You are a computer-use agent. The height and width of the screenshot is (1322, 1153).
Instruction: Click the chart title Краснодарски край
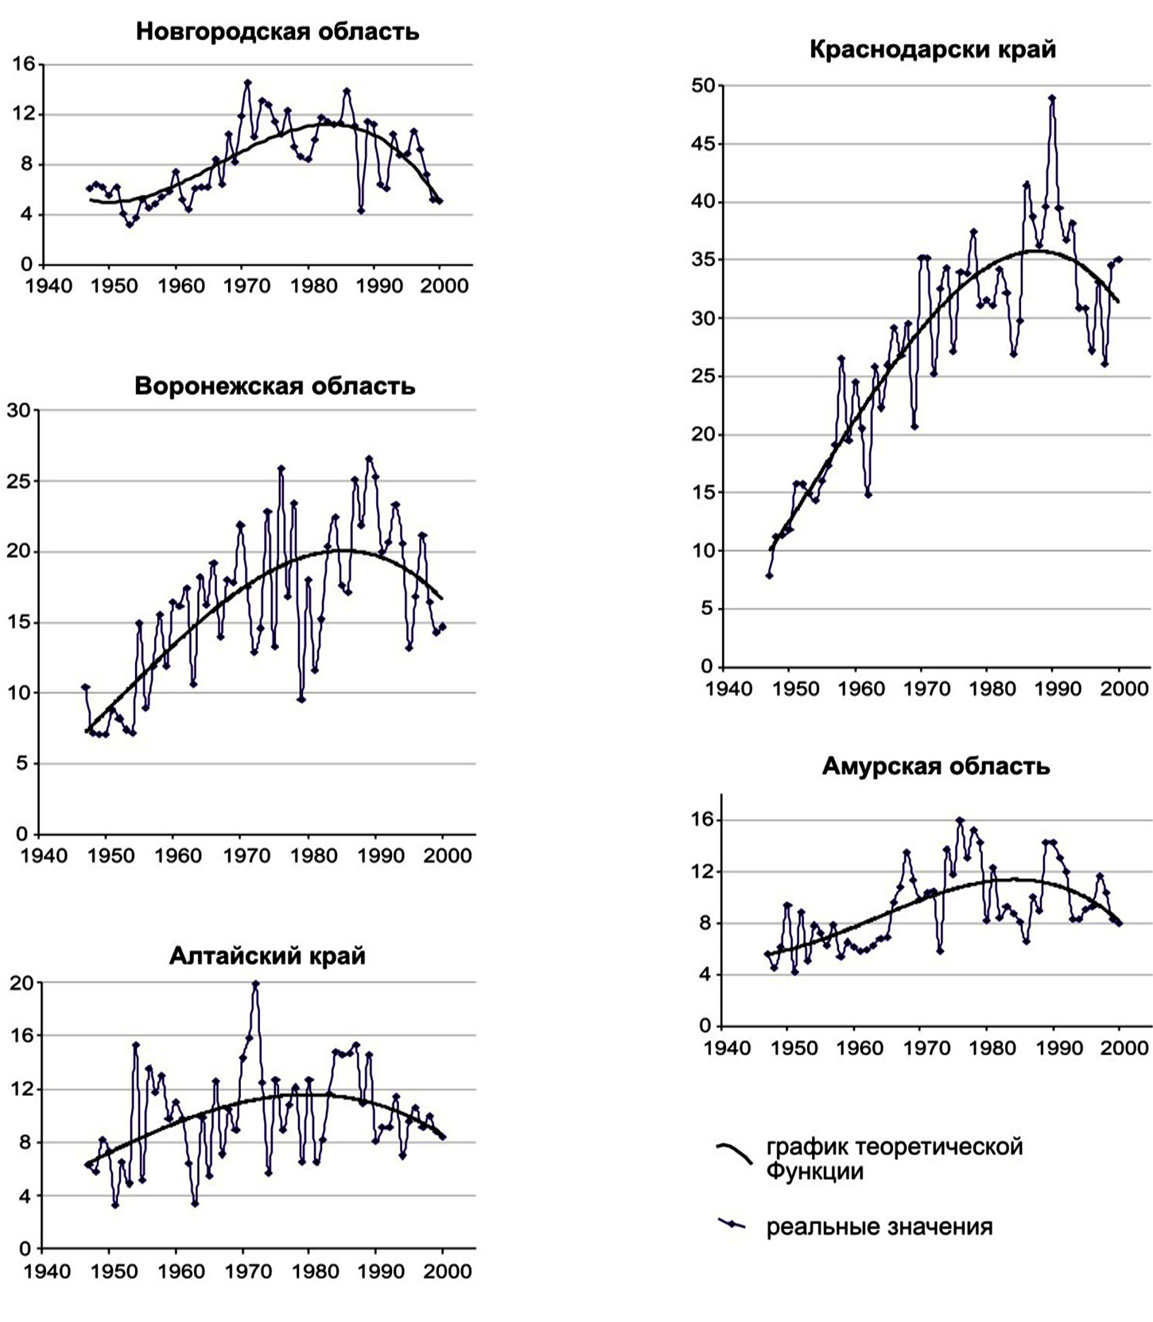932,49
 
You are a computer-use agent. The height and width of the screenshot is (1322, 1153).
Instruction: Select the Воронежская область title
275,386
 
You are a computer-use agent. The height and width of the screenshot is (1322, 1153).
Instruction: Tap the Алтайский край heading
267,957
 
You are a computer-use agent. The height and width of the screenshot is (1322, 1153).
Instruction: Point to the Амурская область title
936,766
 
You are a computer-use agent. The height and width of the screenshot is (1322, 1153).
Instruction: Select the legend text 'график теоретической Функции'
894,1158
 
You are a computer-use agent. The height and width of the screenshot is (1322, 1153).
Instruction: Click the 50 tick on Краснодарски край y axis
703,86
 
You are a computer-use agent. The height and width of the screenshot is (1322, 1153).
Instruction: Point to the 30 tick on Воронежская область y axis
19,410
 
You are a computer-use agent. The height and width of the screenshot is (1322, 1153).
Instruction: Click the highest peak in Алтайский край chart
256,983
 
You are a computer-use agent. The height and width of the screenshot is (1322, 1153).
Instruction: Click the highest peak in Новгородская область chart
248,83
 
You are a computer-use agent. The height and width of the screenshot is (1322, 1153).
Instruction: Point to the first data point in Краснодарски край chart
769,575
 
